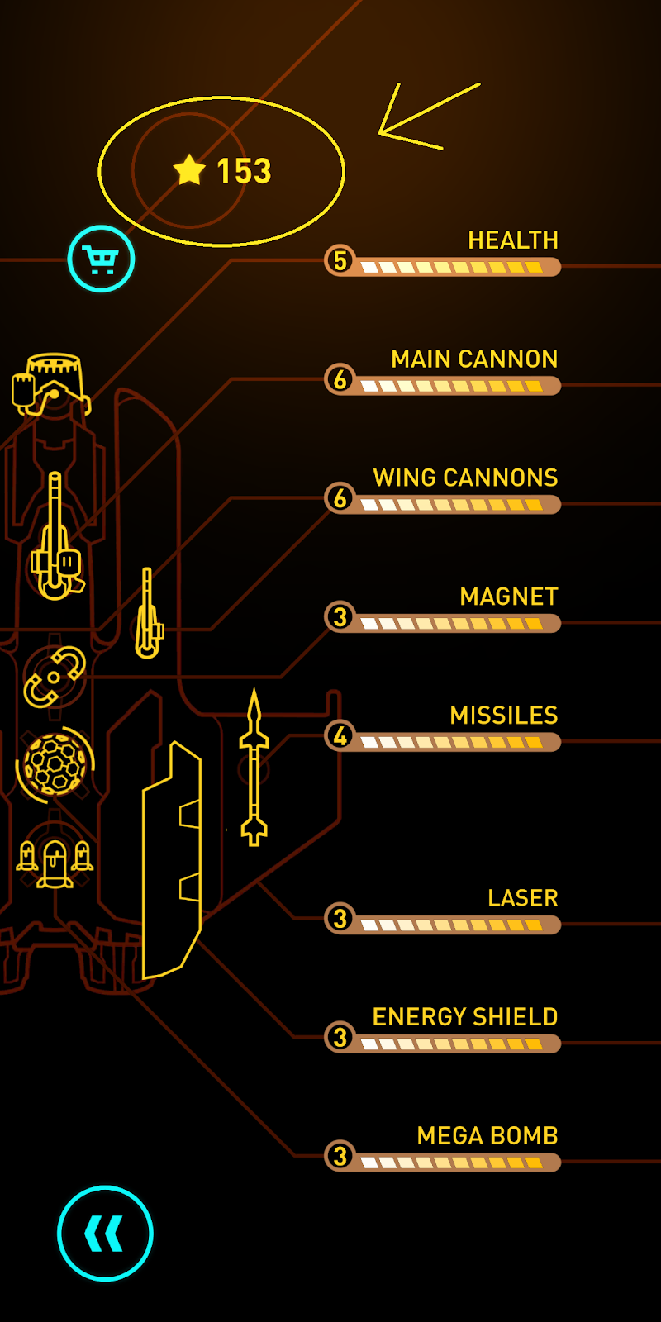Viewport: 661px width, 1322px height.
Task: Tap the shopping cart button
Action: tap(101, 259)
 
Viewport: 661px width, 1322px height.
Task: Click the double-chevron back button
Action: tap(105, 1233)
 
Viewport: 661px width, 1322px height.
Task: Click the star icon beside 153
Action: tap(189, 169)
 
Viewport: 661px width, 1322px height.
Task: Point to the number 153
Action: tap(244, 171)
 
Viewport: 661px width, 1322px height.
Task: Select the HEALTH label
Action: tap(513, 240)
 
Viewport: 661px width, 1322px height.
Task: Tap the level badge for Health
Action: tap(340, 260)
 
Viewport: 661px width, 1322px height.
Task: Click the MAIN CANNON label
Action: tap(474, 359)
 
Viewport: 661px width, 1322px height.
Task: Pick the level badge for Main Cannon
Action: tap(340, 379)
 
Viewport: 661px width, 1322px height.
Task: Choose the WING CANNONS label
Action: tap(465, 478)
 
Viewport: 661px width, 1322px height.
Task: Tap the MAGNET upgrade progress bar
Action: tap(453, 623)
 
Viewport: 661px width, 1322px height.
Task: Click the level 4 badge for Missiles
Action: tap(340, 735)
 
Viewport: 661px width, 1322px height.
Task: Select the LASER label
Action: tap(522, 898)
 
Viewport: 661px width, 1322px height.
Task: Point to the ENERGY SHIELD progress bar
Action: tap(453, 1044)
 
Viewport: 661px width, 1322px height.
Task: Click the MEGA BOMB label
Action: tap(487, 1136)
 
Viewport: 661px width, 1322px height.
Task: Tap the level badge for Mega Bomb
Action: tap(340, 1156)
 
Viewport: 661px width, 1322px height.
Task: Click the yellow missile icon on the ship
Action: tap(254, 768)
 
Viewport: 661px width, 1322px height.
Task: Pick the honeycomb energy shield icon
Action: tap(55, 764)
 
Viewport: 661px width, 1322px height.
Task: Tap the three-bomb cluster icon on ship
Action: tap(55, 862)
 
